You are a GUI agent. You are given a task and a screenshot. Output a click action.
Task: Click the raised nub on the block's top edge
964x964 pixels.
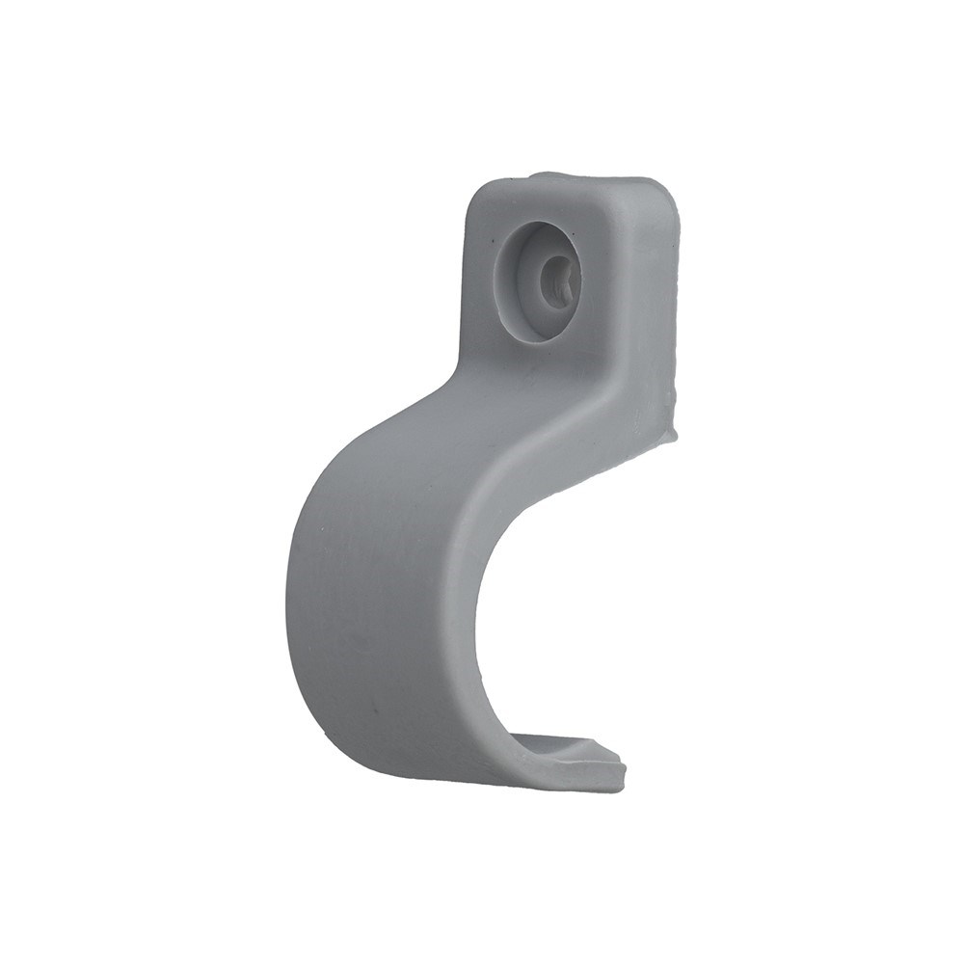coord(549,176)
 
